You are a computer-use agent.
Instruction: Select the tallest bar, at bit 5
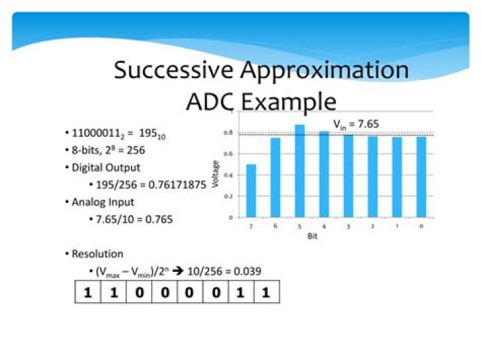point(299,171)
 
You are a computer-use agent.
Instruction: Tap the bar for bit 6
point(275,177)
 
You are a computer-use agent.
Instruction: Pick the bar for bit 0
point(421,177)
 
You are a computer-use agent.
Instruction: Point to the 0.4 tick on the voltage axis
point(230,175)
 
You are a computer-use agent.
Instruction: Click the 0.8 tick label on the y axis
point(230,133)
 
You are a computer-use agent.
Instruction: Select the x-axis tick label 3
point(348,227)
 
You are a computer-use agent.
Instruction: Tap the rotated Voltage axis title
point(215,172)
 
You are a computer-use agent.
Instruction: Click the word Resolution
point(97,254)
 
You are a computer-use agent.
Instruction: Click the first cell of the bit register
point(88,292)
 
